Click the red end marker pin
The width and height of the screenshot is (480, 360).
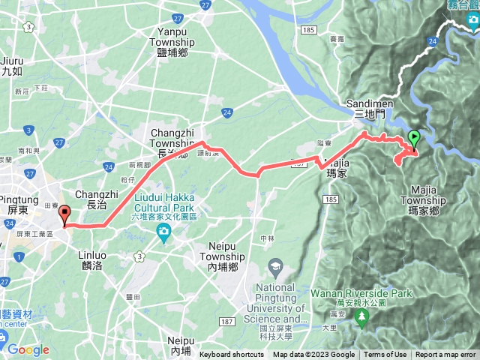(x=64, y=215)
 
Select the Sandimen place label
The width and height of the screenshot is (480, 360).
(x=367, y=108)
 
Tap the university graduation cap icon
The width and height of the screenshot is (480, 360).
(x=276, y=267)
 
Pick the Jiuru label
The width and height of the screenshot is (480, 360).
(x=12, y=66)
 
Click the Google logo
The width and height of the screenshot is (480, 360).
(x=28, y=349)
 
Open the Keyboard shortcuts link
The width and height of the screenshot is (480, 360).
(x=232, y=355)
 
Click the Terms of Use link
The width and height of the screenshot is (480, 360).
(x=385, y=355)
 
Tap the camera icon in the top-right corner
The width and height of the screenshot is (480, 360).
(x=473, y=26)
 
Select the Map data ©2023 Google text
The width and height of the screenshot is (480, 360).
(x=313, y=355)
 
